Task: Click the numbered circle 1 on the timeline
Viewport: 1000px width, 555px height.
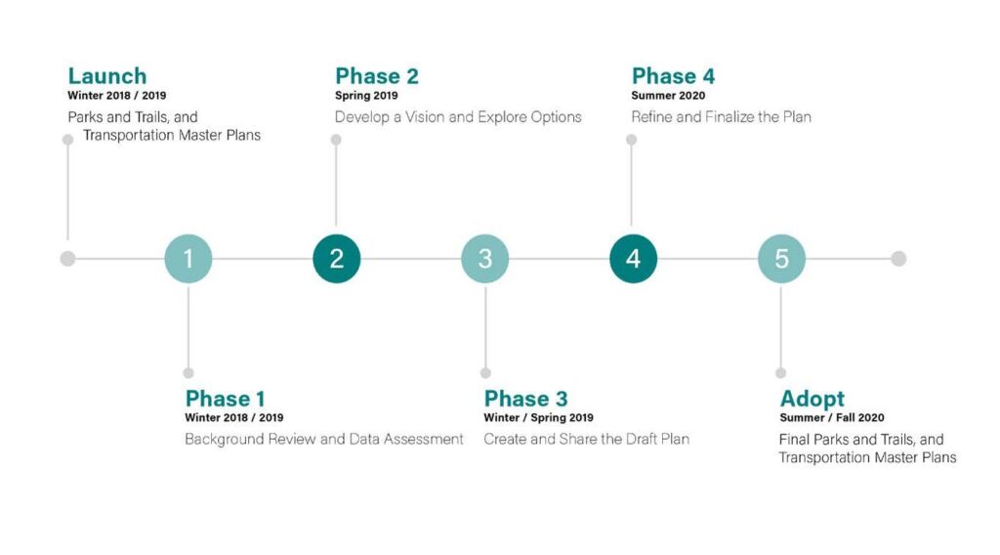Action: pos(188,258)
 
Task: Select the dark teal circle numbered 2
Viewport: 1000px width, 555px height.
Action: pos(337,258)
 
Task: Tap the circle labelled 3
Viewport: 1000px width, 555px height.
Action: pos(485,258)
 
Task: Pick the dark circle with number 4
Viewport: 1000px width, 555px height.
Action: pos(633,258)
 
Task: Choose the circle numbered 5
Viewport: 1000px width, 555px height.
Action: pos(782,258)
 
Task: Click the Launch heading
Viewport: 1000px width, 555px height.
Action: pos(107,76)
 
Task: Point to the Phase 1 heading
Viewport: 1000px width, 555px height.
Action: pos(225,399)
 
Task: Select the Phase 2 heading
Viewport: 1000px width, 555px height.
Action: pos(377,76)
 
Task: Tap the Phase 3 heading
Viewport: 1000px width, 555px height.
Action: pos(525,399)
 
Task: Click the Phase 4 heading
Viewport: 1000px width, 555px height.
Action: pos(674,76)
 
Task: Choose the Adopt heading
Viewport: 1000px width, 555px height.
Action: pos(812,400)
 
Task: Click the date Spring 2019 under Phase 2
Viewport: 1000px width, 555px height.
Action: pos(367,96)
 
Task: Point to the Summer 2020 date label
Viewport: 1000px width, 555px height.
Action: pos(668,96)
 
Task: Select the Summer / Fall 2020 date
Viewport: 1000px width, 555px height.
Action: pos(832,418)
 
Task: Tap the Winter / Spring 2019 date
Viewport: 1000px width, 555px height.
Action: pos(538,418)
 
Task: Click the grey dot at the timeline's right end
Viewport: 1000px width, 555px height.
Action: pos(898,258)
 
